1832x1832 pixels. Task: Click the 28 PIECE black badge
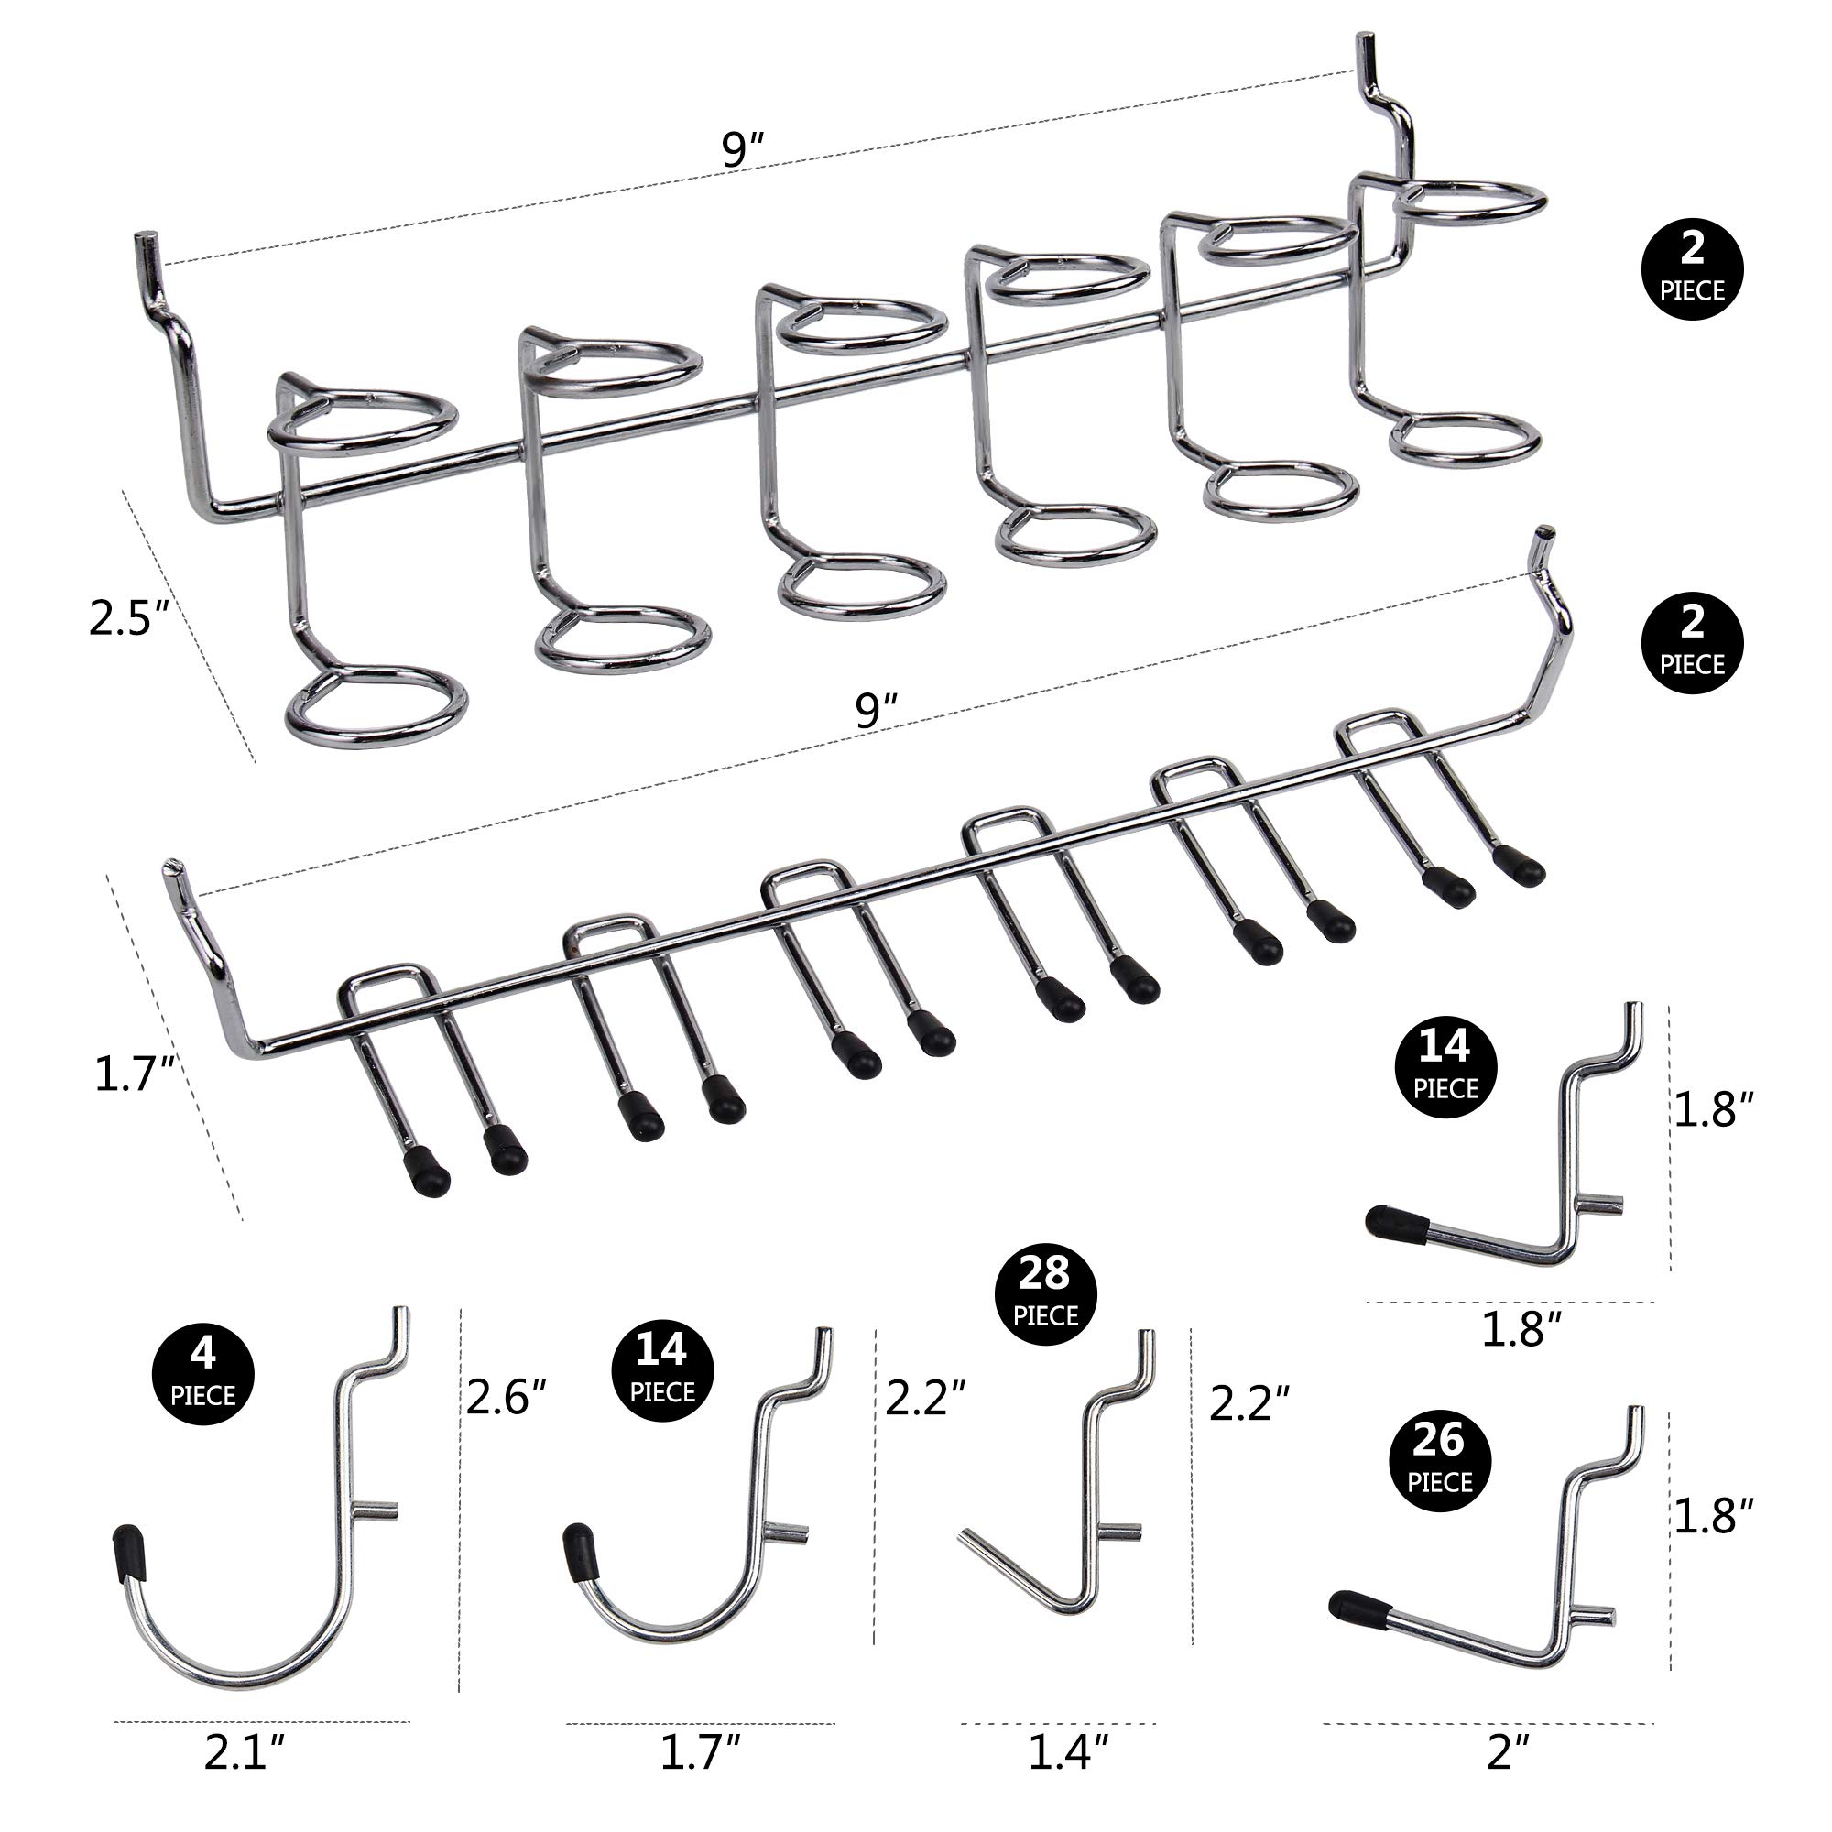[1045, 1294]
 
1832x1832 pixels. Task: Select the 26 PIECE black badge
[1439, 1461]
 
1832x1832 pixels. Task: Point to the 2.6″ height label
[507, 1397]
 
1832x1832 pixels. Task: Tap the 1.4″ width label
[1068, 1752]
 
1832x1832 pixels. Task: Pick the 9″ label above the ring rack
[743, 150]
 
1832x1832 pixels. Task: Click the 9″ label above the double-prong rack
[877, 711]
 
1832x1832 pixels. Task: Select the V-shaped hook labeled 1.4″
[1072, 1555]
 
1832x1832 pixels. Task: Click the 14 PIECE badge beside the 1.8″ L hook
[1445, 1067]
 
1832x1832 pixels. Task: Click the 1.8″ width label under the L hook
[1521, 1330]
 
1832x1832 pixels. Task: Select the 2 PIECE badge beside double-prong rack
[1692, 643]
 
